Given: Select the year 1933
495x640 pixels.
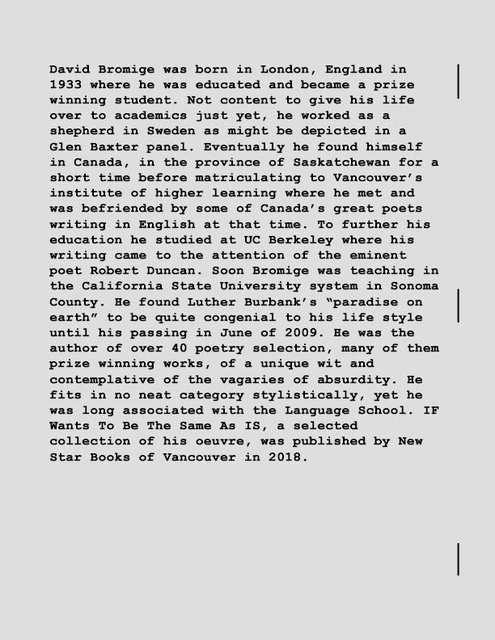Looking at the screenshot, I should [66, 84].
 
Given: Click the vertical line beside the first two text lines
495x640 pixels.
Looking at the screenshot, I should [459, 80].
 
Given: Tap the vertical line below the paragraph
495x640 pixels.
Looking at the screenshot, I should [459, 559].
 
